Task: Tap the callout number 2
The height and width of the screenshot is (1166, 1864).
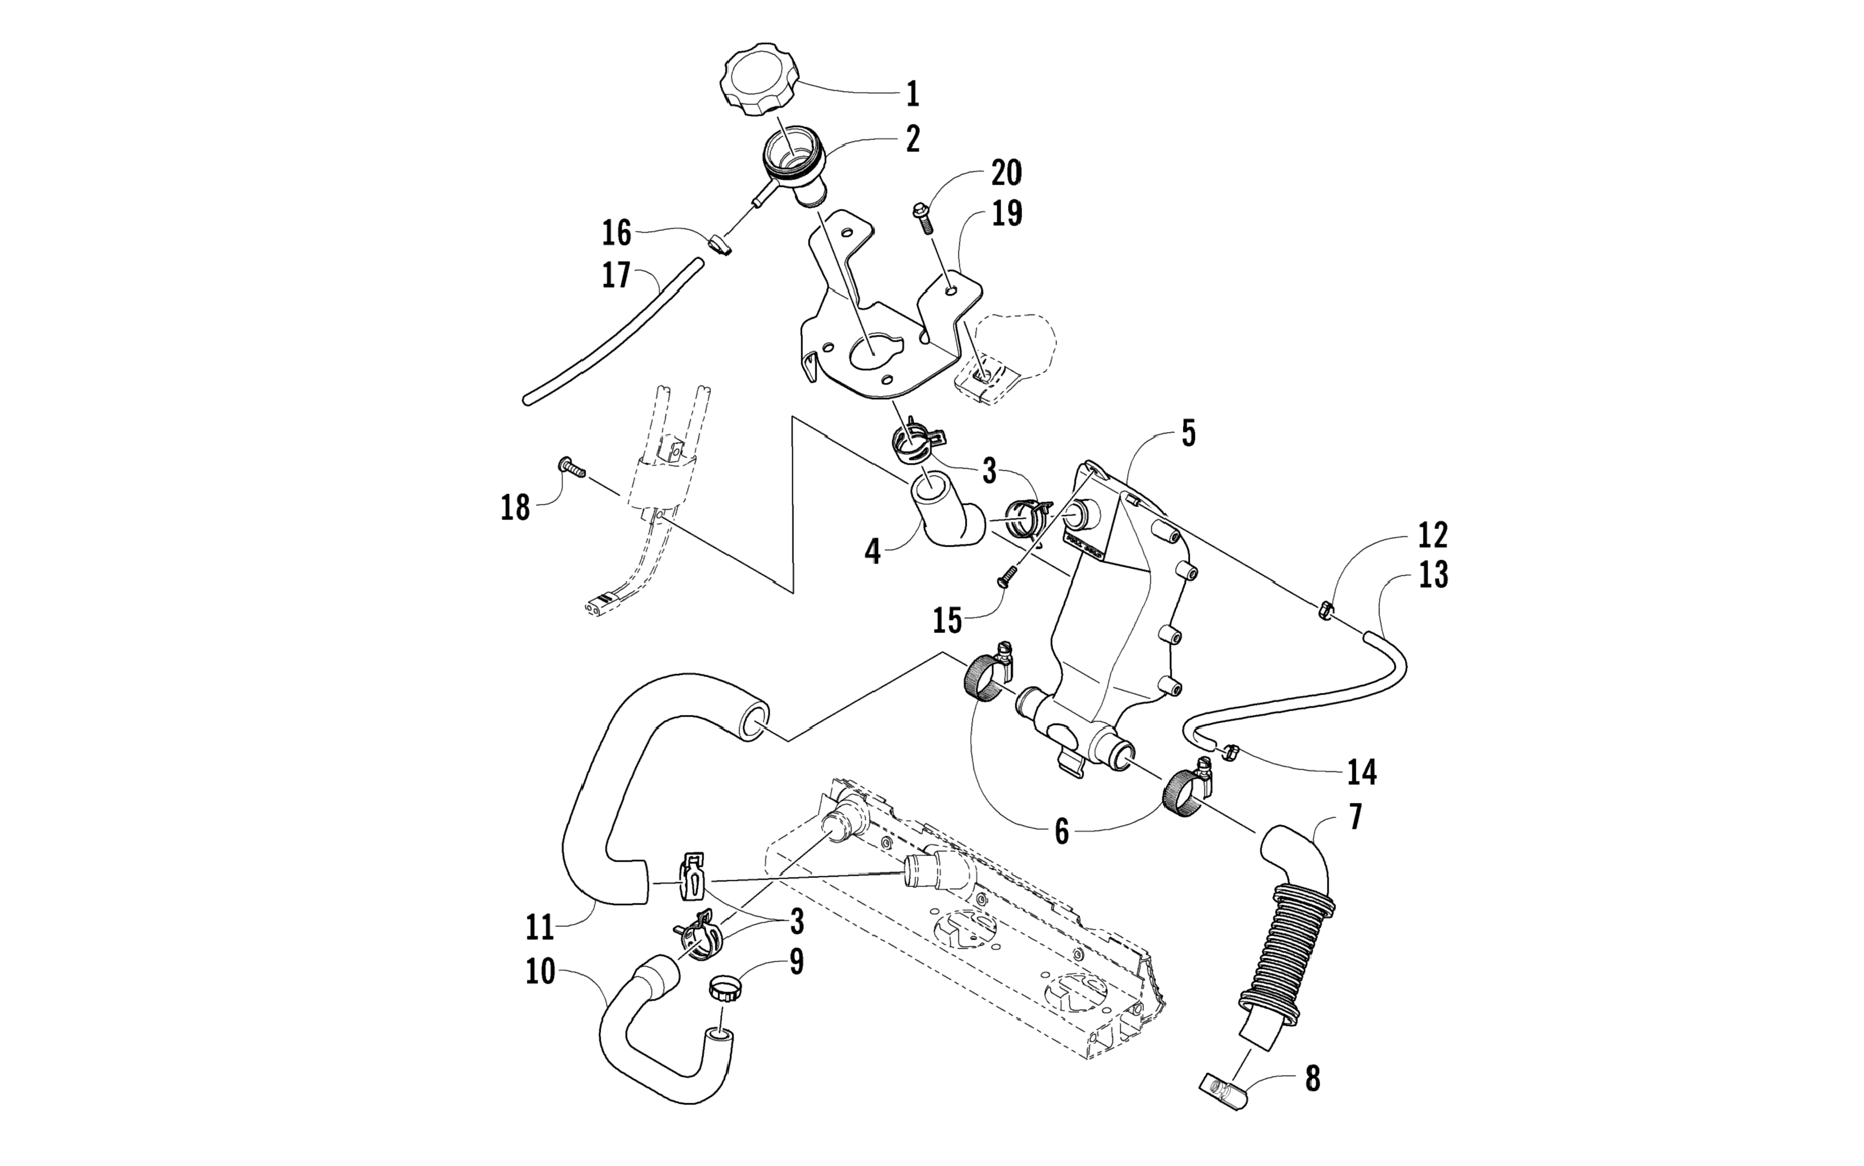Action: tap(913, 139)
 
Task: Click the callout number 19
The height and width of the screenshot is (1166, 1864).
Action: tap(1006, 213)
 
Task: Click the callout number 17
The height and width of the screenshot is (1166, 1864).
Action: tap(616, 276)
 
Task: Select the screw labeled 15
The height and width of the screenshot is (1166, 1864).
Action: tap(1003, 583)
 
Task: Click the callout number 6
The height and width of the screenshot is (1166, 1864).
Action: tap(1061, 832)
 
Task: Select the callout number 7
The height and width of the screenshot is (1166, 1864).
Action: tap(1355, 816)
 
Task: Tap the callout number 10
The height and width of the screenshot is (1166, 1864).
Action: tap(540, 972)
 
